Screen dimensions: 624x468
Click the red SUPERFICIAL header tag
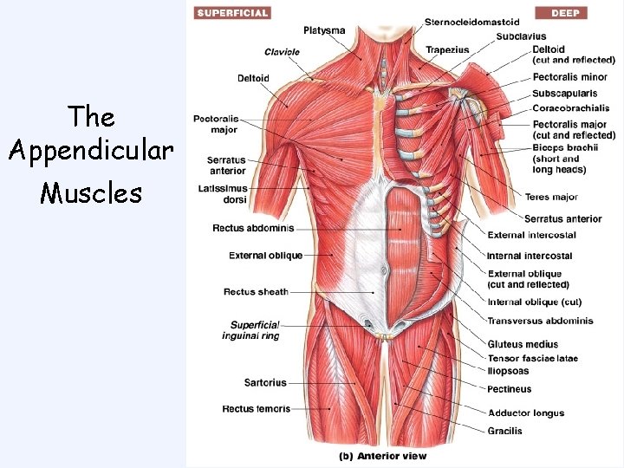pyautogui.click(x=231, y=13)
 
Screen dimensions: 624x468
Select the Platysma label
pyautogui.click(x=324, y=30)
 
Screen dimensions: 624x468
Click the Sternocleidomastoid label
pyautogui.click(x=472, y=22)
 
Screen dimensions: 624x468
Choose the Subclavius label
pyautogui.click(x=522, y=36)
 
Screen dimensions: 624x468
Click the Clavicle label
pyautogui.click(x=282, y=52)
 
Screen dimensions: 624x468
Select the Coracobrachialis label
pyautogui.click(x=570, y=108)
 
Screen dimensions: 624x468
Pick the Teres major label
pyautogui.click(x=550, y=198)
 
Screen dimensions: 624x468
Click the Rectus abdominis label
pyautogui.click(x=253, y=228)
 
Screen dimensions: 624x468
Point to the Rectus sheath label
pyautogui.click(x=256, y=292)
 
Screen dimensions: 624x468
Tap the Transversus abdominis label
pyautogui.click(x=540, y=321)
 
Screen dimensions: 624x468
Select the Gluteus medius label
pyautogui.click(x=523, y=344)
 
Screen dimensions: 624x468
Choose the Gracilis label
pyautogui.click(x=504, y=431)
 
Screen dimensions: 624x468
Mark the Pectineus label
pyautogui.click(x=510, y=389)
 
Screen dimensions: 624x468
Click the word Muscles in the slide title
pyautogui.click(x=91, y=192)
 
